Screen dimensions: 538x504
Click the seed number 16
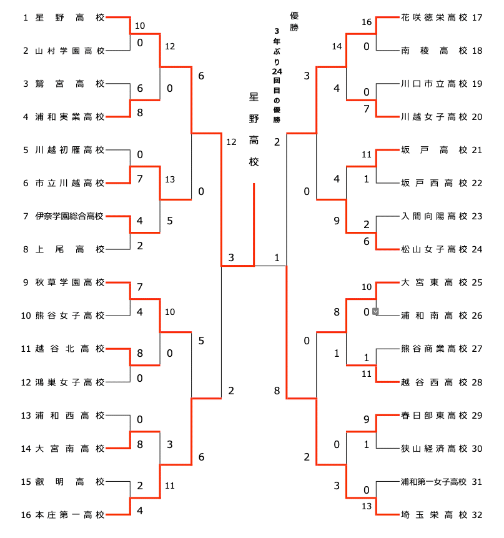pos(26,515)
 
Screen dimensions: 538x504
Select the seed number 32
pos(478,515)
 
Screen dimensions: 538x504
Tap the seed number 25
pos(478,282)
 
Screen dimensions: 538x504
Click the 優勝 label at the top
pos(294,21)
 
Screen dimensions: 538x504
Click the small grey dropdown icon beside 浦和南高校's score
pos(375,311)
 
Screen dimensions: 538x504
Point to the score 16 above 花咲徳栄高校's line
pos(367,22)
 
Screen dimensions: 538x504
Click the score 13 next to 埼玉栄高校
pos(367,506)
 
